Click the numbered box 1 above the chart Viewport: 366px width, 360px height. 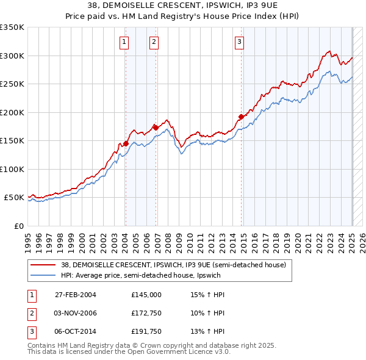(x=124, y=42)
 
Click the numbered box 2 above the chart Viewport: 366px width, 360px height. (x=153, y=42)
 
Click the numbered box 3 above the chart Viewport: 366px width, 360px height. (x=239, y=42)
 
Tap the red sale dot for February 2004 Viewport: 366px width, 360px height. (x=126, y=143)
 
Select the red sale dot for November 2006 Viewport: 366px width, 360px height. (x=156, y=128)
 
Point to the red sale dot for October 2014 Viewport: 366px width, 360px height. (x=241, y=117)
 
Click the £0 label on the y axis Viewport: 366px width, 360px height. (x=18, y=226)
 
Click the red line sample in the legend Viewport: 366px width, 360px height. (x=44, y=265)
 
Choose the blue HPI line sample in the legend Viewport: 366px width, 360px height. (x=44, y=275)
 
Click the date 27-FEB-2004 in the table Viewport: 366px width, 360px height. (x=76, y=295)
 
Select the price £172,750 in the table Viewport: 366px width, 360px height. (x=146, y=313)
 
